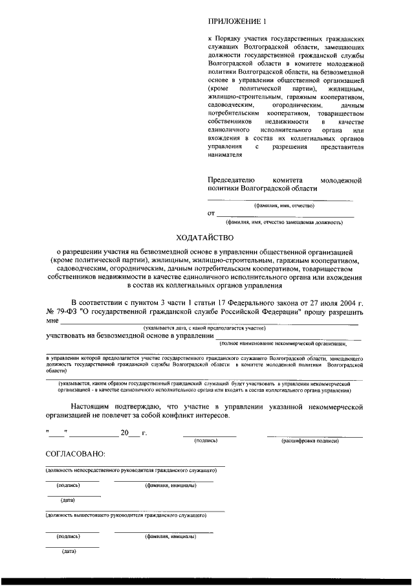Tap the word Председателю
point(232,179)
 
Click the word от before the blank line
point(211,213)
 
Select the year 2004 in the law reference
point(343,302)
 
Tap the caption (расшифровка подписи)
point(310,442)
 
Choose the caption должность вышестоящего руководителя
point(126,516)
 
